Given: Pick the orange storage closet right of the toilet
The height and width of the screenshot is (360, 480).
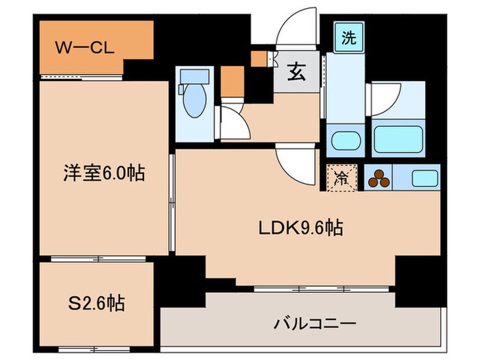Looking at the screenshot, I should pos(231,82).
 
